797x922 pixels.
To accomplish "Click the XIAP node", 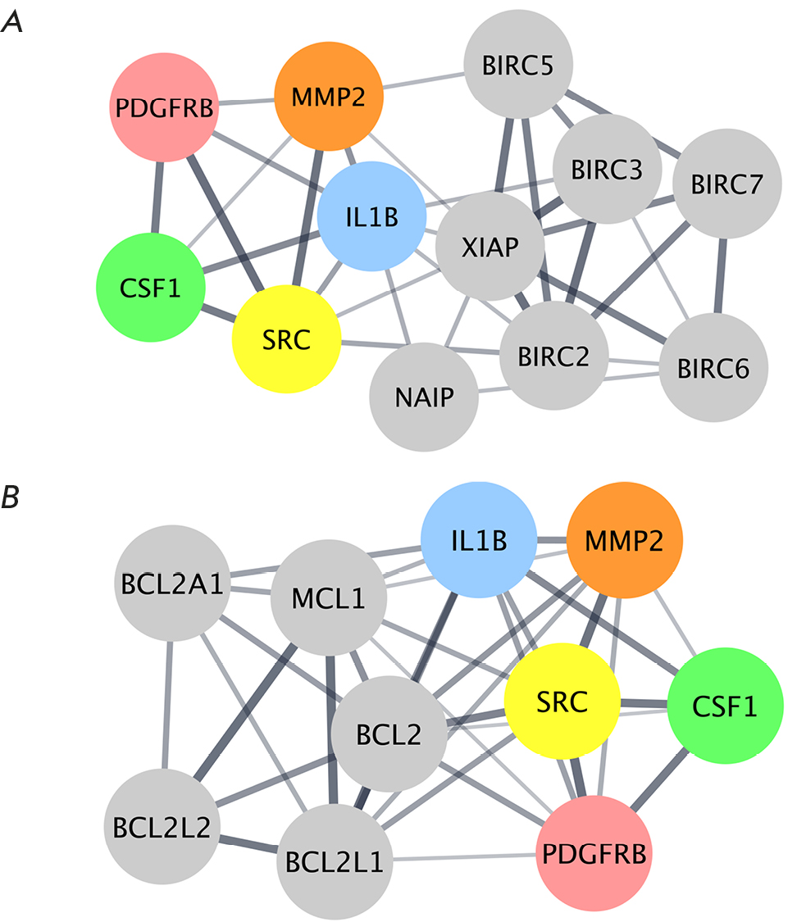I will [490, 247].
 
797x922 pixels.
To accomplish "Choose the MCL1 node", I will [328, 598].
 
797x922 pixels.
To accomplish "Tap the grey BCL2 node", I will [390, 735].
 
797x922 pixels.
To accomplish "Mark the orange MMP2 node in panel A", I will [328, 96].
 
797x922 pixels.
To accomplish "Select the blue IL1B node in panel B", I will [477, 542].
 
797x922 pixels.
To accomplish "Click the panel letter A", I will [11, 24].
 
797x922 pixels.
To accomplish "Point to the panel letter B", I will [11, 497].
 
